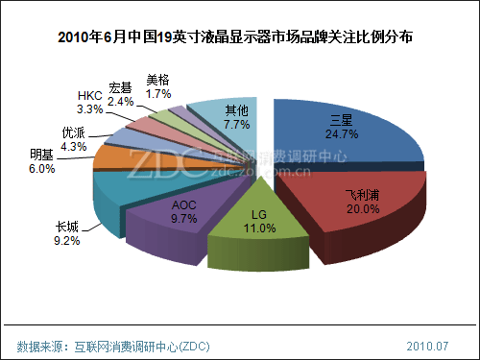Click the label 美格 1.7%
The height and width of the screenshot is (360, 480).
click(158, 87)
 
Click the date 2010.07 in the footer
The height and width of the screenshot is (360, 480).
click(428, 345)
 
